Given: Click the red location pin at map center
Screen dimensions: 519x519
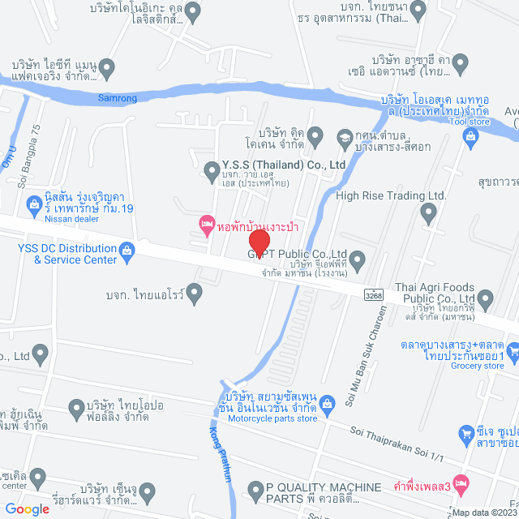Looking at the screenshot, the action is (x=259, y=242).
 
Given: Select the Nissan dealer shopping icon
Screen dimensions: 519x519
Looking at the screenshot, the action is (x=34, y=203).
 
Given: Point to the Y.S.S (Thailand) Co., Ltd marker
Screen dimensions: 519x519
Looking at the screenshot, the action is (x=211, y=171).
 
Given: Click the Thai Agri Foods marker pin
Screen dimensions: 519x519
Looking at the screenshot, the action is (x=487, y=298).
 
